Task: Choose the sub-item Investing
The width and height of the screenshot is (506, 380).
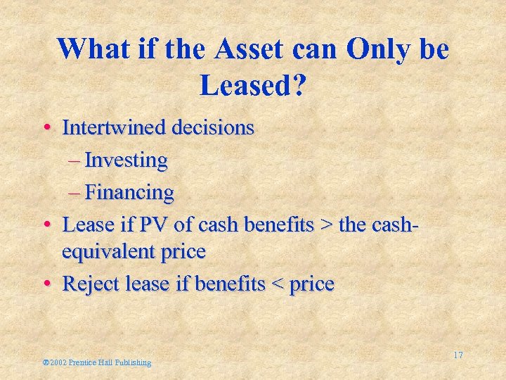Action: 126,160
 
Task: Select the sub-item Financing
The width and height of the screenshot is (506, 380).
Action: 129,191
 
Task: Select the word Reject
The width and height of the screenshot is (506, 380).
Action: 87,284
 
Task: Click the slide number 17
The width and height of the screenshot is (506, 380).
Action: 458,355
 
